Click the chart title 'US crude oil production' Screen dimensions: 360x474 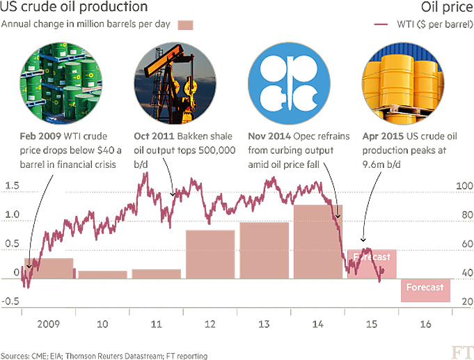coord(74,7)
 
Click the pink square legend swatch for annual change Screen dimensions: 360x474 coord(185,24)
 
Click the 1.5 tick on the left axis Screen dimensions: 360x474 coord(12,187)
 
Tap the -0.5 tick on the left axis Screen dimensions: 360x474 coord(10,302)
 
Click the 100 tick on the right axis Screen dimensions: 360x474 coord(461,187)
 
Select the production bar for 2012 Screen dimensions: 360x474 coord(210,254)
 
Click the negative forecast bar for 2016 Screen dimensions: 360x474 coord(426,290)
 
